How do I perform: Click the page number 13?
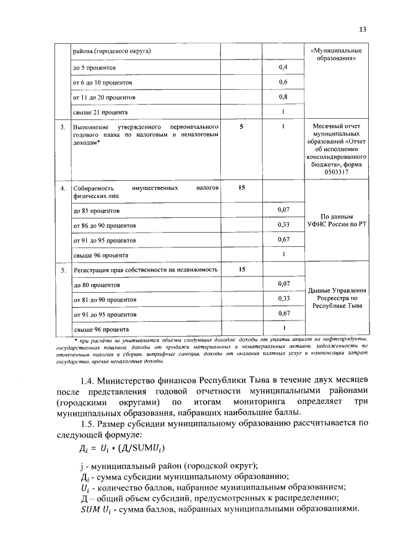[363, 28]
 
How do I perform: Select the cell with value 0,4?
[283, 66]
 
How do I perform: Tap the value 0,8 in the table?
[283, 97]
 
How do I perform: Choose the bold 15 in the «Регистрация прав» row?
[242, 269]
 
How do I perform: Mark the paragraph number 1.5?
[91, 423]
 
